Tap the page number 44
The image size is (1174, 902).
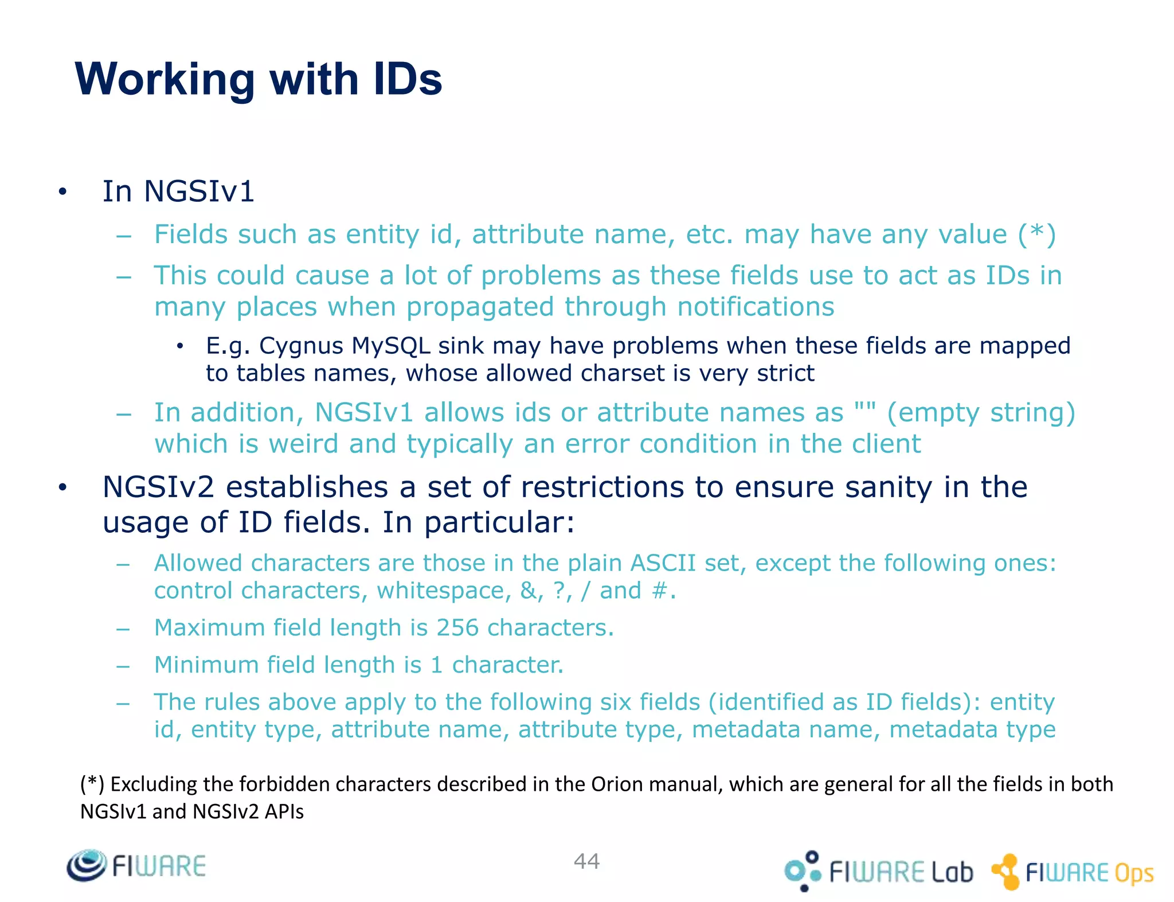586,861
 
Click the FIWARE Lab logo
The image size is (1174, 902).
878,871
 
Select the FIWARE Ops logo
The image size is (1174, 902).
1073,872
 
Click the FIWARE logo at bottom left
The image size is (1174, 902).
136,866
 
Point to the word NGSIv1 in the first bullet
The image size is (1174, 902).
199,191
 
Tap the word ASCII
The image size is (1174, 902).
663,563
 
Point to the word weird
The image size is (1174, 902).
304,444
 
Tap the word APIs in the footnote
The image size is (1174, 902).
284,811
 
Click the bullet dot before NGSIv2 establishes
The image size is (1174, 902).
62,488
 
